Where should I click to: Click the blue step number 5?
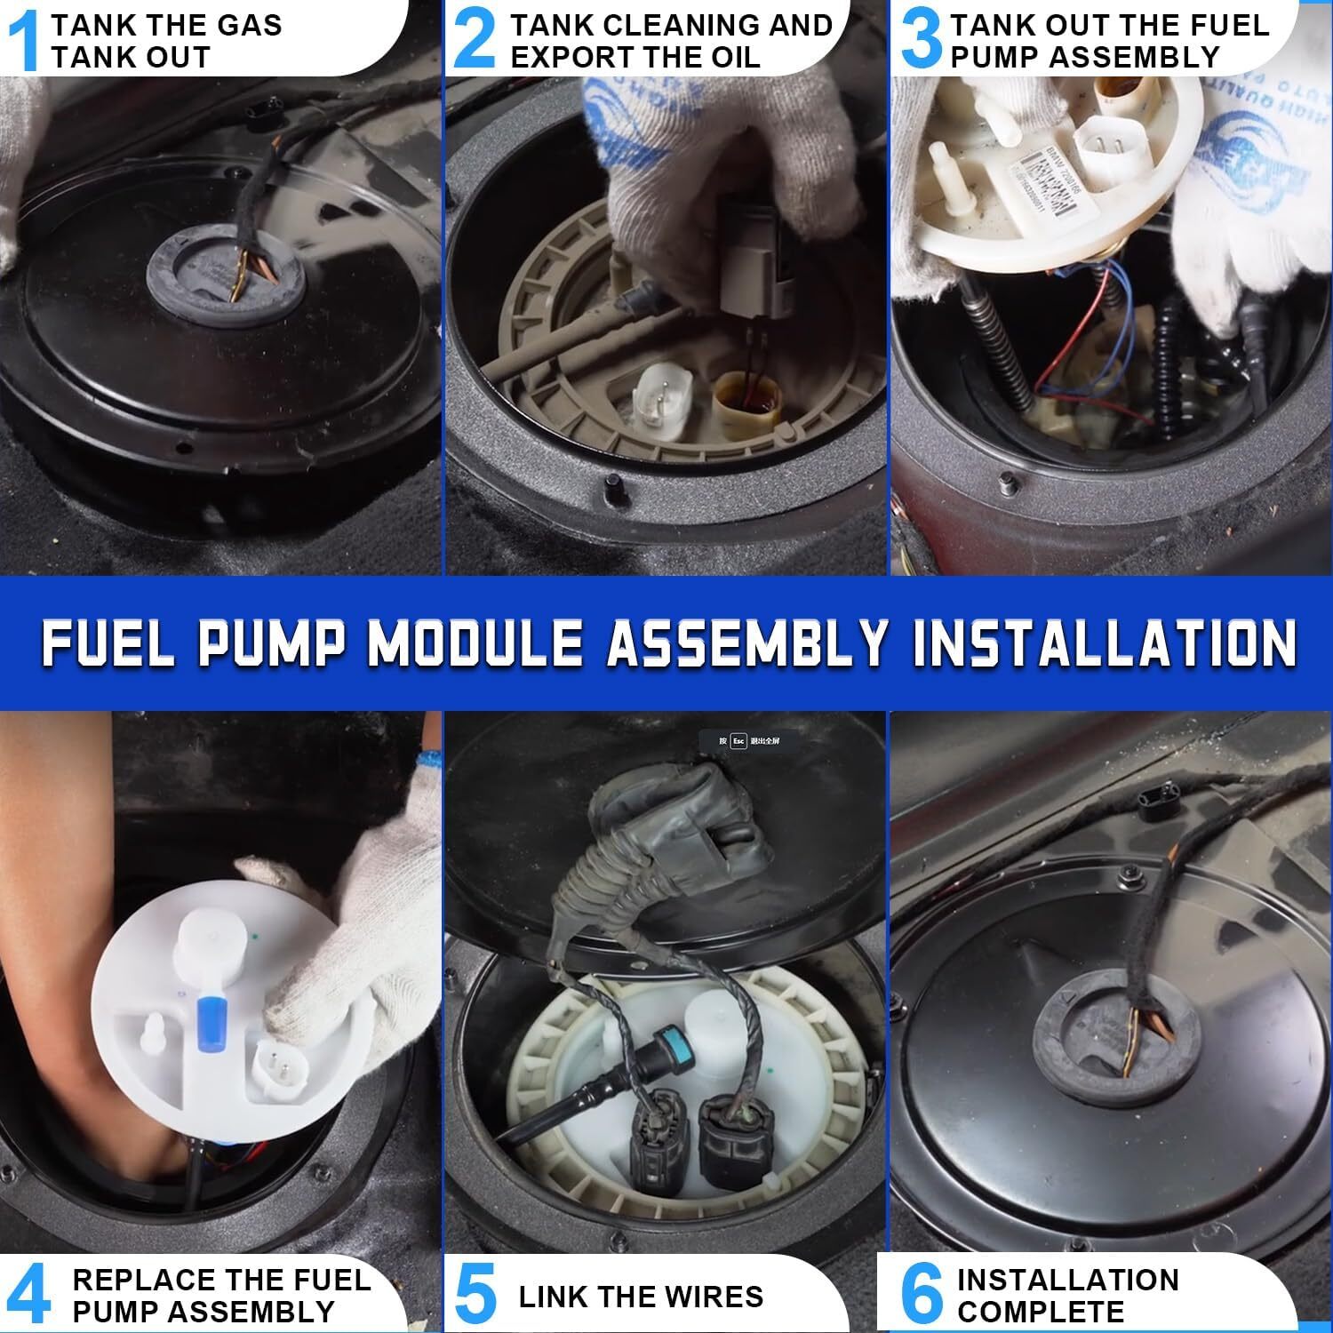475,1296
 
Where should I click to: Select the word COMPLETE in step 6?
1040,1312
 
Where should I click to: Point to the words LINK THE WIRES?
641,1297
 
